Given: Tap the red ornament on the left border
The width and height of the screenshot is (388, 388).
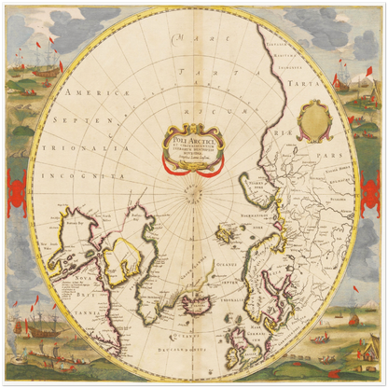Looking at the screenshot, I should [15, 187].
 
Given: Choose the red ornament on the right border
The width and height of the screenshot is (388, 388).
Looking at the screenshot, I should [373, 187].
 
